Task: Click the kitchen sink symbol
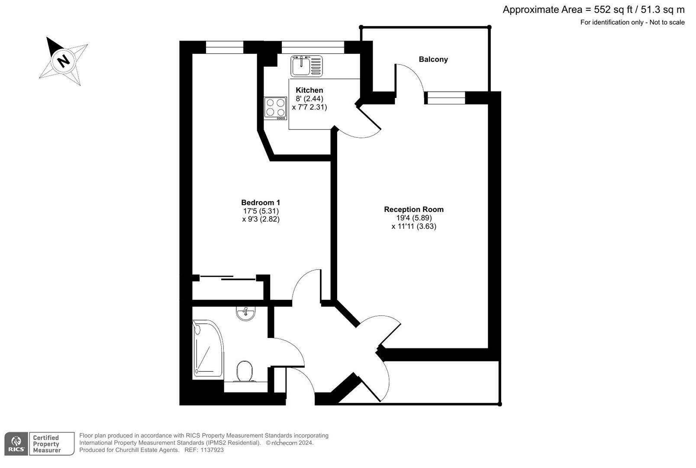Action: click(306, 66)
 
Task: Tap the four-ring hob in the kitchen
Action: click(275, 108)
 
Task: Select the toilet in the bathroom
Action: click(245, 371)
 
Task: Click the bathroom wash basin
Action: click(246, 312)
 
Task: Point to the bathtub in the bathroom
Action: click(208, 348)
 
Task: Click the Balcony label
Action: click(433, 59)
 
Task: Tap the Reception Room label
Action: click(413, 209)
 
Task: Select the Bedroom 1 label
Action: click(261, 202)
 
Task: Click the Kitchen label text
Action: click(309, 90)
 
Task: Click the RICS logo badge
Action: click(16, 443)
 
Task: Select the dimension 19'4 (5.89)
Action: click(413, 218)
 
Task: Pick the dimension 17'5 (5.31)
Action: click(261, 211)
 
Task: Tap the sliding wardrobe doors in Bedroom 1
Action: click(227, 277)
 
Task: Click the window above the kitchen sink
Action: click(313, 47)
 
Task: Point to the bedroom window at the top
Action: click(224, 47)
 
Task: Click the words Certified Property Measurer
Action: click(47, 444)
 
